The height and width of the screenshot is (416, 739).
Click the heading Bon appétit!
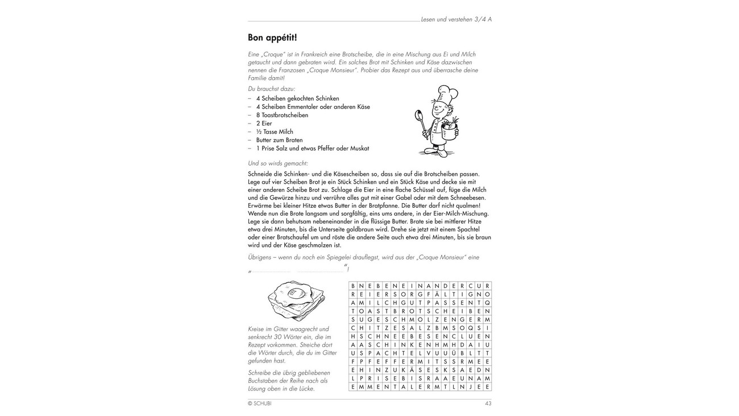[272, 38]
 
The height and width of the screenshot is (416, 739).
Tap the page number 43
[488, 403]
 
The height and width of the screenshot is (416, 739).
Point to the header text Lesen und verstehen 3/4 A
[456, 19]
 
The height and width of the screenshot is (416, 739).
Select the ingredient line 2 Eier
[264, 123]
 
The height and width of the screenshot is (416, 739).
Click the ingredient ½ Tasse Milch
[275, 131]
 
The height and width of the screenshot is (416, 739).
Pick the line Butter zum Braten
[279, 140]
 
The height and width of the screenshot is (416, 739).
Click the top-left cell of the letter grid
[353, 286]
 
